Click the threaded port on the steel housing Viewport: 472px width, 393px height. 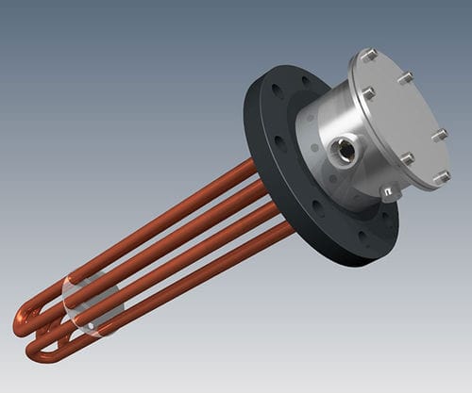tap(346, 150)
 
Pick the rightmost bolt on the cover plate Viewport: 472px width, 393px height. tap(440, 135)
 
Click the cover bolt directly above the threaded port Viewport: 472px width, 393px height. tap(368, 93)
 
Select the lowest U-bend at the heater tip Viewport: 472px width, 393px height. tap(38, 352)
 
